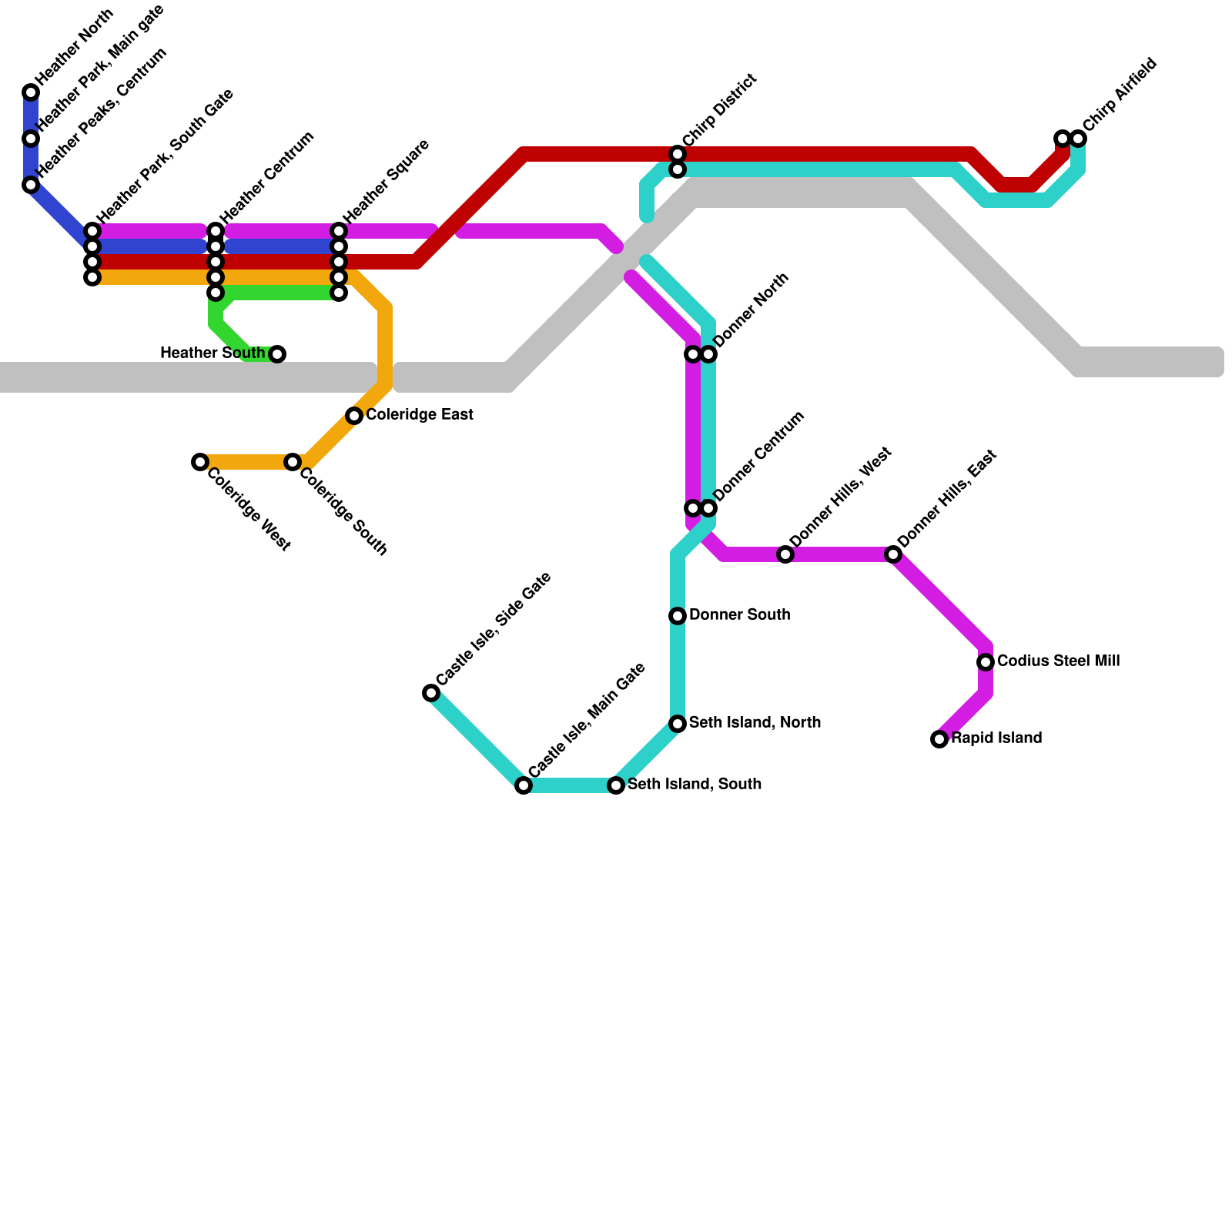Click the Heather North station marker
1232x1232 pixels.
click(x=31, y=92)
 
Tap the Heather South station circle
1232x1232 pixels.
click(x=277, y=354)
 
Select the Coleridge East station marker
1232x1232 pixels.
click(x=354, y=416)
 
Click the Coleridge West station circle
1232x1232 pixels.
click(x=200, y=462)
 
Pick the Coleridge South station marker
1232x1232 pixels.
click(x=293, y=462)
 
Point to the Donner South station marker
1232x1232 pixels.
click(x=678, y=616)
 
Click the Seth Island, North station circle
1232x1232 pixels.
click(x=678, y=724)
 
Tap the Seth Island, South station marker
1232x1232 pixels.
click(x=616, y=785)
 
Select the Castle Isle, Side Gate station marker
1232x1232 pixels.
click(x=431, y=693)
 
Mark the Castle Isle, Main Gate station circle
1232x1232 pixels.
click(x=524, y=785)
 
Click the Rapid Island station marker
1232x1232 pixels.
click(x=939, y=739)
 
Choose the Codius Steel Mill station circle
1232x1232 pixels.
click(x=986, y=662)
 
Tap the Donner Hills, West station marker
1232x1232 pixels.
click(x=785, y=554)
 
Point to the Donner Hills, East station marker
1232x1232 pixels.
click(x=893, y=554)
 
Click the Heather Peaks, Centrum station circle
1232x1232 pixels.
click(x=31, y=185)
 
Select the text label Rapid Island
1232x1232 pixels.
click(x=996, y=738)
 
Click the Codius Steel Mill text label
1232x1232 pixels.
click(x=1058, y=661)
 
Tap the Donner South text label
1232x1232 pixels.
click(x=739, y=615)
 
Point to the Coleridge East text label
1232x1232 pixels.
click(x=419, y=415)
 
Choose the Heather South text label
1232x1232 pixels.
click(x=213, y=353)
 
